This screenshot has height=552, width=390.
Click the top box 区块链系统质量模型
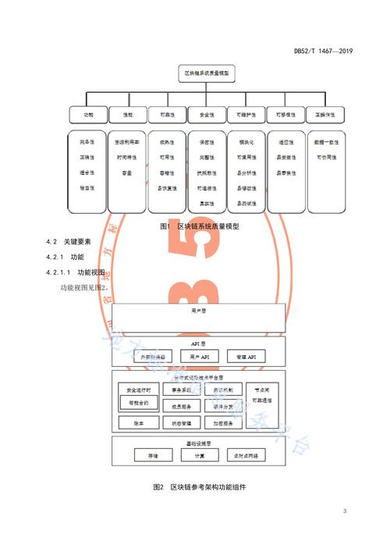206,73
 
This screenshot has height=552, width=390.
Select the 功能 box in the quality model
87,115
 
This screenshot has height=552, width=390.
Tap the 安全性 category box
206,115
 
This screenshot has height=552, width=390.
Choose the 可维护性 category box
245,115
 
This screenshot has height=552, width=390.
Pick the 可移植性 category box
285,115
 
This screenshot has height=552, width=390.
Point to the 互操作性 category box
324,115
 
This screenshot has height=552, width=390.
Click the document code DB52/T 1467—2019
324,52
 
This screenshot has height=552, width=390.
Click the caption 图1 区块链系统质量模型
198,226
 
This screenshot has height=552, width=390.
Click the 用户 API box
200,356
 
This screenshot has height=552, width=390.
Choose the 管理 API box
246,356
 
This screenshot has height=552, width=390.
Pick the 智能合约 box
139,403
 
